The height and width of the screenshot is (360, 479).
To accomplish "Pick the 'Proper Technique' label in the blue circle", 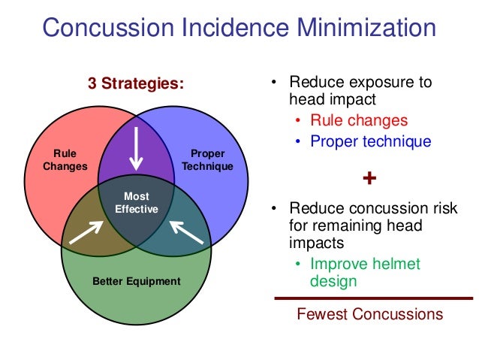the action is click(x=207, y=160).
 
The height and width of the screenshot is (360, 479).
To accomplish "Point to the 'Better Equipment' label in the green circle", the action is click(x=136, y=281).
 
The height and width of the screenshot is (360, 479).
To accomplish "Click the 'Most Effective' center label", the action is click(x=136, y=203).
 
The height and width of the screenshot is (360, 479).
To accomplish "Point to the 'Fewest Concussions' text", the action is click(x=370, y=314).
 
